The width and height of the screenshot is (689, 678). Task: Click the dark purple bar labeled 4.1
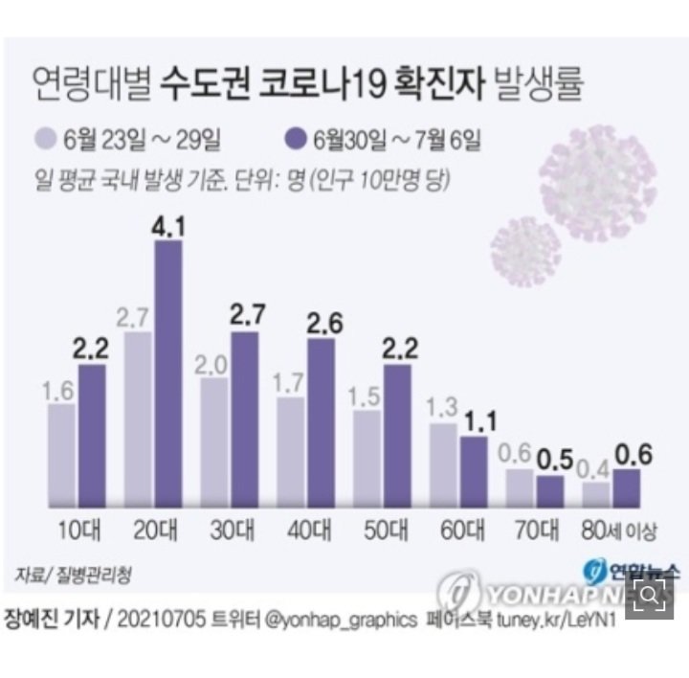tap(168, 373)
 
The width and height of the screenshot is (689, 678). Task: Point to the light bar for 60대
tap(443, 464)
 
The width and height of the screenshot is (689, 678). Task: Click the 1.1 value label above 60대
tap(476, 420)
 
